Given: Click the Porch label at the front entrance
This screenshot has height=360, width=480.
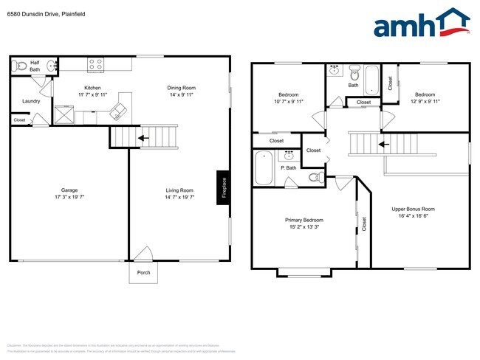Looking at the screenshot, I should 143,271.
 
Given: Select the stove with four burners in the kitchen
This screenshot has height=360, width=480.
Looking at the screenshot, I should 95,65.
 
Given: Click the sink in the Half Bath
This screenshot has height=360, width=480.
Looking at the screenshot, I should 52,66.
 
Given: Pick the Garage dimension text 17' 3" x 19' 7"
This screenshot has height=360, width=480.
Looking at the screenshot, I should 69,197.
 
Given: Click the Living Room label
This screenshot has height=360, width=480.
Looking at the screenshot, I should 179,190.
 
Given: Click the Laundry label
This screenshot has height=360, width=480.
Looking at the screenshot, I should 31,101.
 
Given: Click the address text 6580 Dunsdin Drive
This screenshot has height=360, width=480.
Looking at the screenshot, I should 37,13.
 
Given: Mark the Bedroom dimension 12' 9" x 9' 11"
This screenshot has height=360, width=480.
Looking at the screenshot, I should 425,101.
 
